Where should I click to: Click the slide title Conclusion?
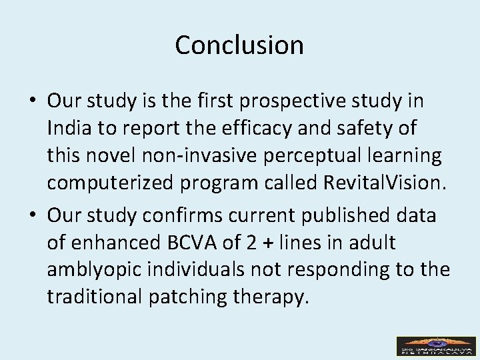tap(239, 45)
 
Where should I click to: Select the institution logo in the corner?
tap(436, 345)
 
